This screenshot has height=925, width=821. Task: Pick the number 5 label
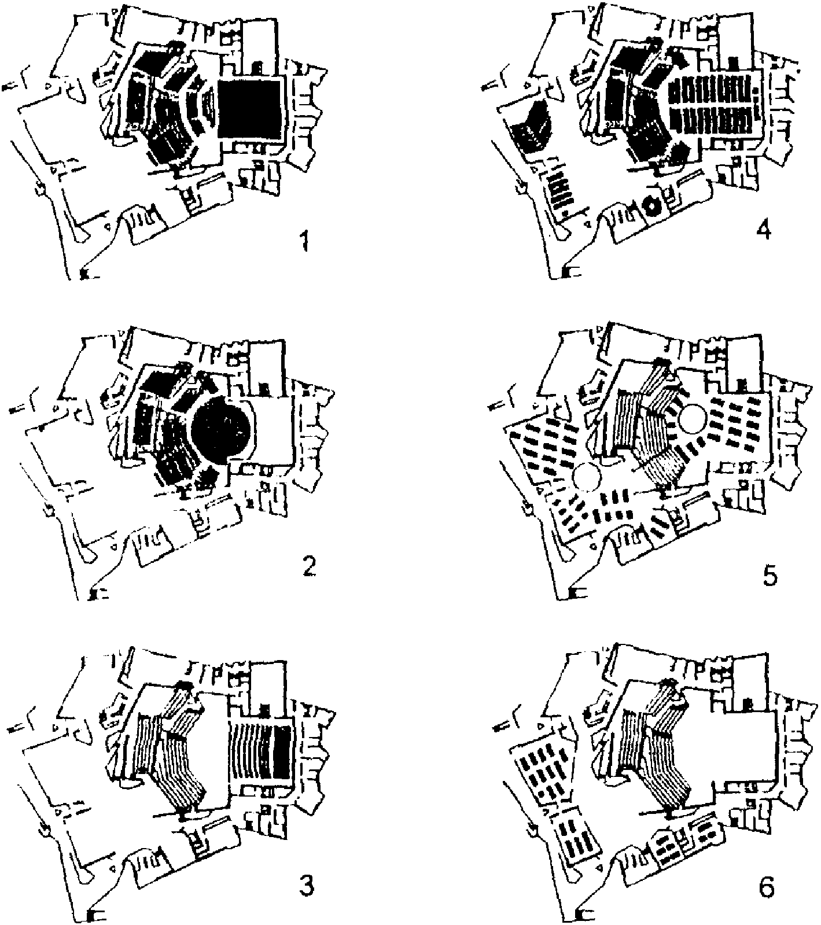click(771, 575)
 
